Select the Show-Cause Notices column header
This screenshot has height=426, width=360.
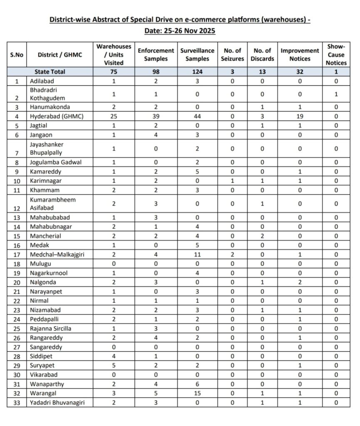point(336,54)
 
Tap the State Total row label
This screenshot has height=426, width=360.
point(50,72)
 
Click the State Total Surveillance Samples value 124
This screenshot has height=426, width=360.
point(197,72)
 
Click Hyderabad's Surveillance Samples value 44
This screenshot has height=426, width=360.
point(197,116)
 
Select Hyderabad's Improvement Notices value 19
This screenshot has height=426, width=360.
point(300,116)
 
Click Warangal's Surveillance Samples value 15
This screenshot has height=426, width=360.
point(197,394)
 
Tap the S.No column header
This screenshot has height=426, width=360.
point(17,54)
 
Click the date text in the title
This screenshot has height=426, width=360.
point(180,31)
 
